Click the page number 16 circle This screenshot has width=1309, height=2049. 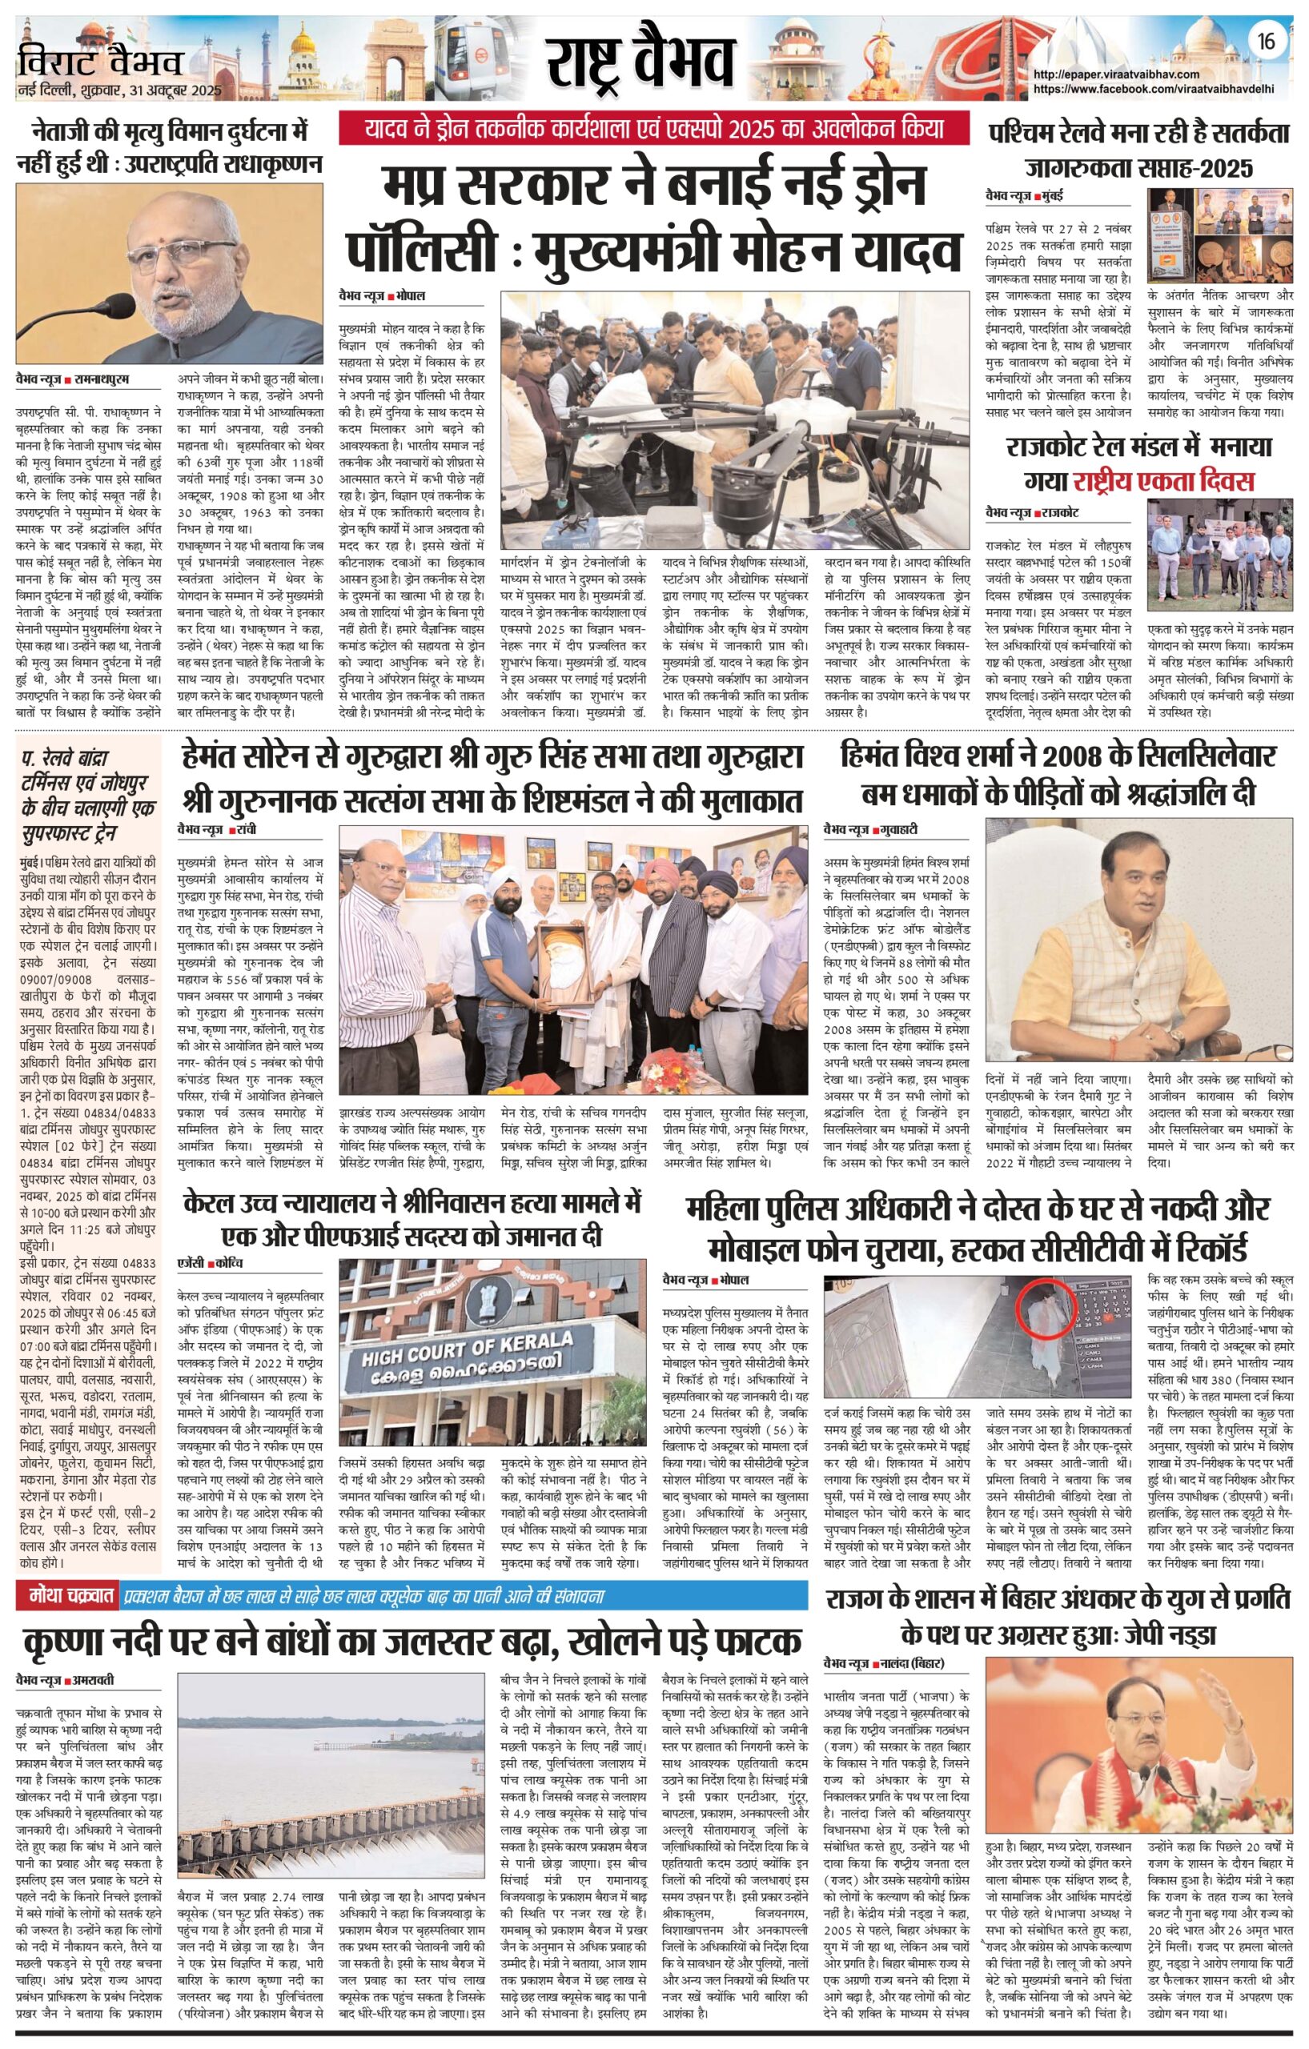click(1267, 40)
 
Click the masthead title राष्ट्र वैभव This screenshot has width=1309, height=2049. click(640, 66)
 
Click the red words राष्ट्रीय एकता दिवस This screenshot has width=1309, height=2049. click(1163, 481)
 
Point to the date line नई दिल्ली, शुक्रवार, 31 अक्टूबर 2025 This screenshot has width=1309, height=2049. click(118, 90)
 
